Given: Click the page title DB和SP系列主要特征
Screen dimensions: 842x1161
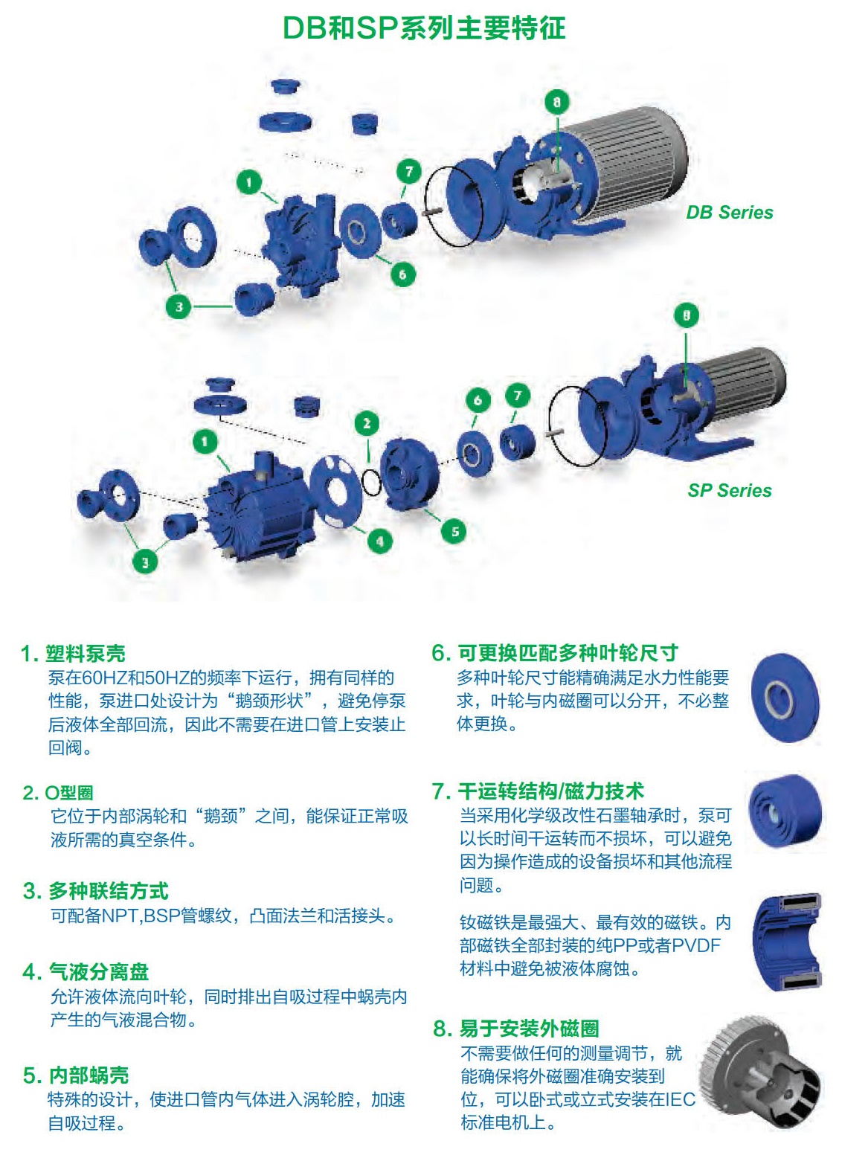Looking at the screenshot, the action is (x=423, y=28).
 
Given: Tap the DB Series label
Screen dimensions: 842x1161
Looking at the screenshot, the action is (x=729, y=213).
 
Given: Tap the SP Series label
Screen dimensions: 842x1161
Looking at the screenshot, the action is (x=730, y=490).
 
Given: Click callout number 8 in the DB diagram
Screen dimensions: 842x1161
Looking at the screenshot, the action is (x=557, y=102).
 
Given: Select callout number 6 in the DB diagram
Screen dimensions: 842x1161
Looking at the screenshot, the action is (x=402, y=274).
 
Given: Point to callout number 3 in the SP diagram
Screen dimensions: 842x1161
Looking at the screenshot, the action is (x=145, y=563).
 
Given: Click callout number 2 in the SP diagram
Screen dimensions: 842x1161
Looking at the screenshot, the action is (x=367, y=424).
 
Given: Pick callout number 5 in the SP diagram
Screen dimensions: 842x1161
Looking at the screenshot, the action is (x=454, y=532).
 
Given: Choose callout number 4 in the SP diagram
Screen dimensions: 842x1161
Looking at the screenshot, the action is (x=380, y=541).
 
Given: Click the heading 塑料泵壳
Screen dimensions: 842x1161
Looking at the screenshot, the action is (x=86, y=654).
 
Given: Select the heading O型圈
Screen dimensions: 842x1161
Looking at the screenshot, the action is (x=69, y=793).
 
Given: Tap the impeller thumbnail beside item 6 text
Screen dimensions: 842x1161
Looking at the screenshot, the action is (x=785, y=698).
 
